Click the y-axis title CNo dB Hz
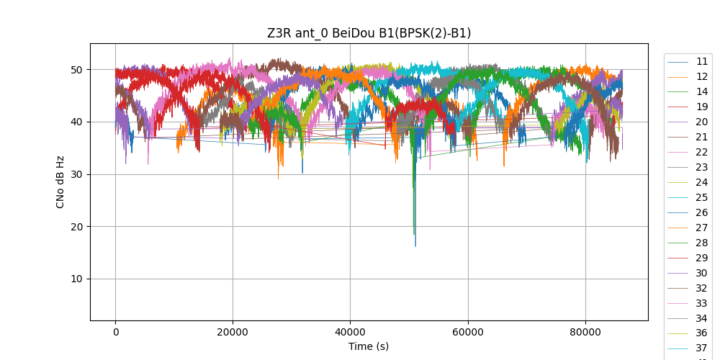(x=60, y=181)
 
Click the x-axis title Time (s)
(x=369, y=346)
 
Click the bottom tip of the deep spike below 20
(x=415, y=246)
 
